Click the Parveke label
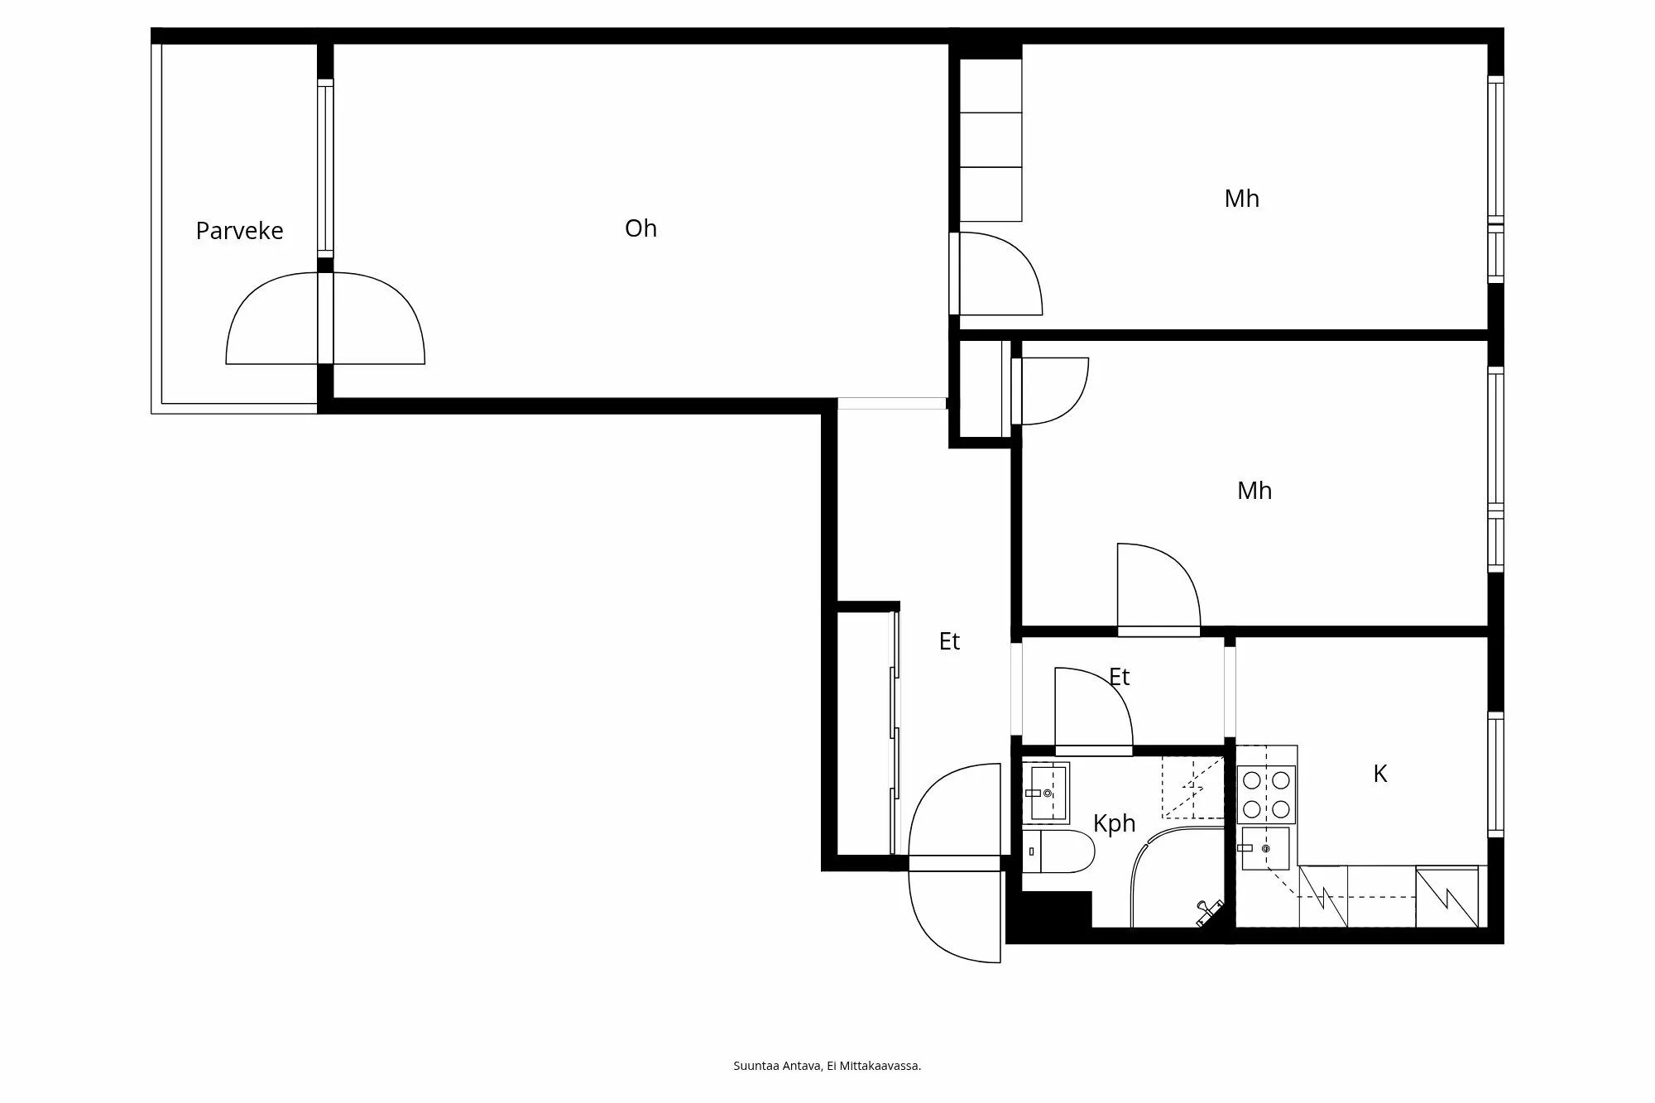coord(239,231)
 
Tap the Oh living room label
coord(640,228)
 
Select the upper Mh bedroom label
coord(1241,199)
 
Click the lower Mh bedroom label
coord(1254,491)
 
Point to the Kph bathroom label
coord(1114,823)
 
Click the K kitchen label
coord(1379,774)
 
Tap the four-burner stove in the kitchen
coord(1266,794)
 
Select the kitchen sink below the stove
coord(1264,848)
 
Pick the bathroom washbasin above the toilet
coord(1047,793)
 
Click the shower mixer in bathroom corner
coord(1208,912)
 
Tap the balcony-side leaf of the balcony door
coord(273,323)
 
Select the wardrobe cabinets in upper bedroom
coord(991,140)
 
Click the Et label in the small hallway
coord(1119,677)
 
